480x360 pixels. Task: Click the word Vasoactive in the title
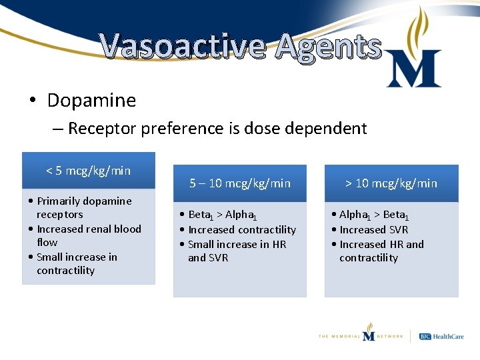click(183, 47)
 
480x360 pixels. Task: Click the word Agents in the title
click(327, 47)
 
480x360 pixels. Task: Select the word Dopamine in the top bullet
click(91, 101)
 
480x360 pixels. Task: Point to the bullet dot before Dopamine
click(32, 101)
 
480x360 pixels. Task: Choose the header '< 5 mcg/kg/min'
click(89, 171)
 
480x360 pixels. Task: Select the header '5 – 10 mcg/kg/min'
click(240, 183)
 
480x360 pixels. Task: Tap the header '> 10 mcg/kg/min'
click(391, 183)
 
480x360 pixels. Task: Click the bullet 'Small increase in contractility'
click(76, 263)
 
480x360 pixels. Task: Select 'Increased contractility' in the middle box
click(242, 229)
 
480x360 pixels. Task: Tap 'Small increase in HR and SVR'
click(237, 251)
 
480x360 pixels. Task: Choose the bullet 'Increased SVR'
click(373, 229)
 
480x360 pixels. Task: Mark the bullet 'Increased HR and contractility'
click(381, 251)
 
